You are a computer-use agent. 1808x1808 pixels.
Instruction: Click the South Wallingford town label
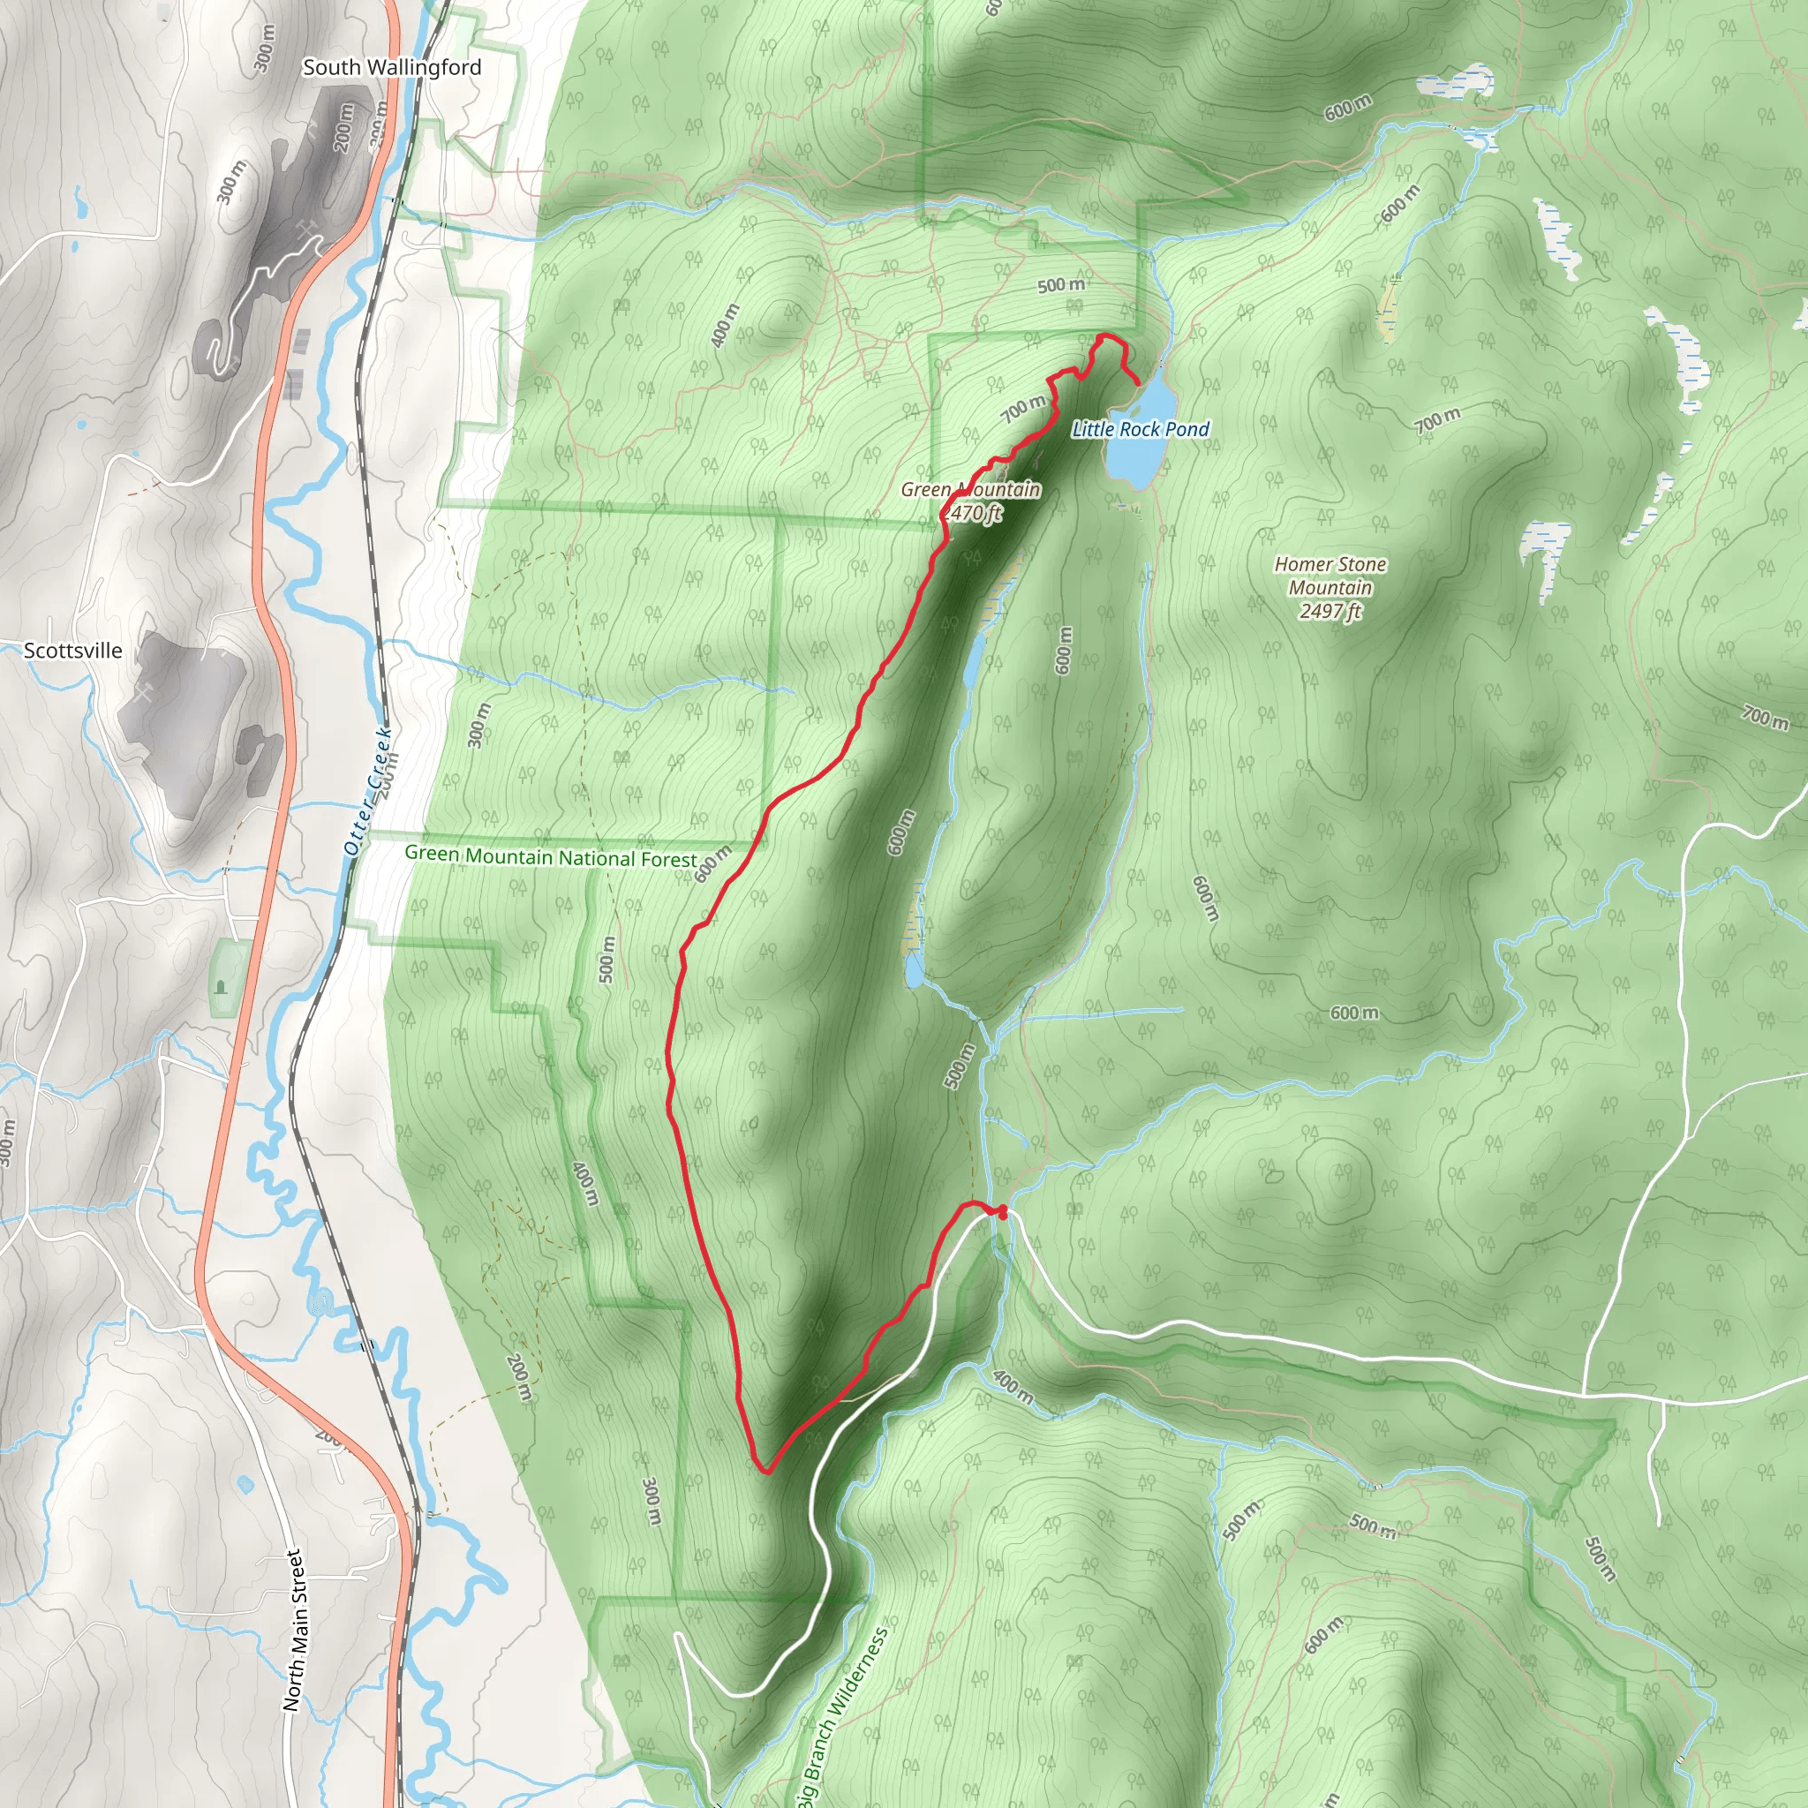(x=392, y=67)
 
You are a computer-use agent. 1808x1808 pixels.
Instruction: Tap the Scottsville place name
(x=73, y=651)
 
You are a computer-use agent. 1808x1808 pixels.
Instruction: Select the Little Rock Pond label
(x=1141, y=430)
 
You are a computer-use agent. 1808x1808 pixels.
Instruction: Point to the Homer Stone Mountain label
(x=1330, y=588)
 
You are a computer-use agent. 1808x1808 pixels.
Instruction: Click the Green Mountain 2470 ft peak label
(x=971, y=501)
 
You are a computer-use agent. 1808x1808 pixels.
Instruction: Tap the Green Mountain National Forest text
(x=550, y=856)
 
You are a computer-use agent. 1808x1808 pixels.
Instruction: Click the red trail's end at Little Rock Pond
(x=1138, y=384)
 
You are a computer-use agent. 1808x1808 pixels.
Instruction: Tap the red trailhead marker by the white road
(x=1002, y=1213)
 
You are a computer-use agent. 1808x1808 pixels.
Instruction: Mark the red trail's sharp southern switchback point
(x=766, y=1472)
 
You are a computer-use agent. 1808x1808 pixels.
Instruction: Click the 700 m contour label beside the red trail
(x=1023, y=409)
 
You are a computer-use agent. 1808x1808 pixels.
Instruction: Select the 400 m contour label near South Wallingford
(x=726, y=326)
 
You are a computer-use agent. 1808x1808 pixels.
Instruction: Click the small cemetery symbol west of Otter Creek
(x=221, y=985)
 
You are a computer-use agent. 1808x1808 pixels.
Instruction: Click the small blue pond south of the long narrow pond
(x=914, y=969)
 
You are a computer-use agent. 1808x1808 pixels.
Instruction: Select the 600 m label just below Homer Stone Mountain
(x=1354, y=1013)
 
